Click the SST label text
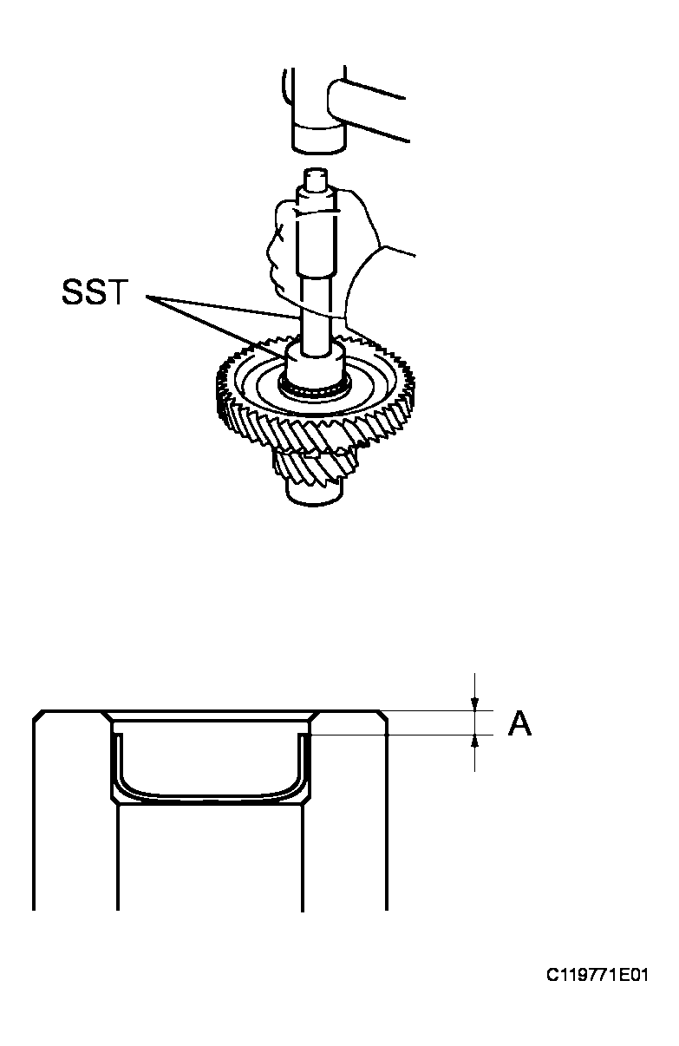click(x=95, y=292)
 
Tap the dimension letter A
click(x=519, y=723)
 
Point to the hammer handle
click(x=369, y=110)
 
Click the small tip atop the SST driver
click(x=316, y=179)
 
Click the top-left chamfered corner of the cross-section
click(x=38, y=716)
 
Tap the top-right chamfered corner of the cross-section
click(x=382, y=716)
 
